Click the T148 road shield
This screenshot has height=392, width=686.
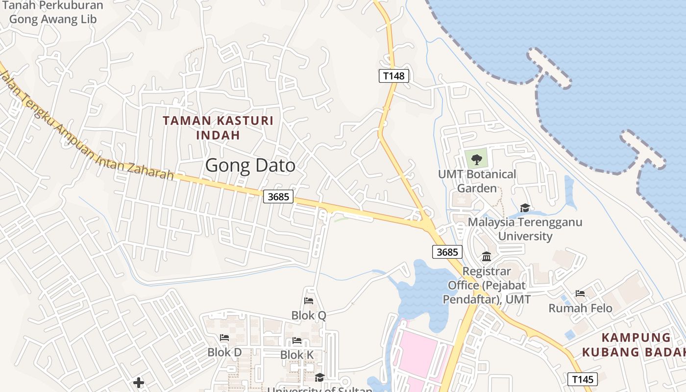(393, 75)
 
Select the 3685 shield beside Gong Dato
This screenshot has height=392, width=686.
(278, 196)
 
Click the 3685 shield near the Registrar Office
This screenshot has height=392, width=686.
(447, 252)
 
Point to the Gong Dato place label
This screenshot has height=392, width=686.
(250, 166)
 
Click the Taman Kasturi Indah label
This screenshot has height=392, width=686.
(218, 127)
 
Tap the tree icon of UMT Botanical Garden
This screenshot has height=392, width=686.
(476, 159)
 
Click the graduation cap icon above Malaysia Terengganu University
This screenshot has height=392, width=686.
(525, 208)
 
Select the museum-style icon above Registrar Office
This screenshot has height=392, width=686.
(487, 257)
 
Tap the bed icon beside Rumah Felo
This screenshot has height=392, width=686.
(580, 294)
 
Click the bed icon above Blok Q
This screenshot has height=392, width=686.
(309, 301)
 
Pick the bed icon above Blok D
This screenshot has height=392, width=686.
(224, 338)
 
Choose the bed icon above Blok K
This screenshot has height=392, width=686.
(297, 340)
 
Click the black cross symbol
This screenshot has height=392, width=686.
(139, 382)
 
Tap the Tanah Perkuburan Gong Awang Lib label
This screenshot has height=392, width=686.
(53, 12)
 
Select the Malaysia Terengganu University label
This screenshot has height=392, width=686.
(525, 229)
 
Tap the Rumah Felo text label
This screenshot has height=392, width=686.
(580, 308)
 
